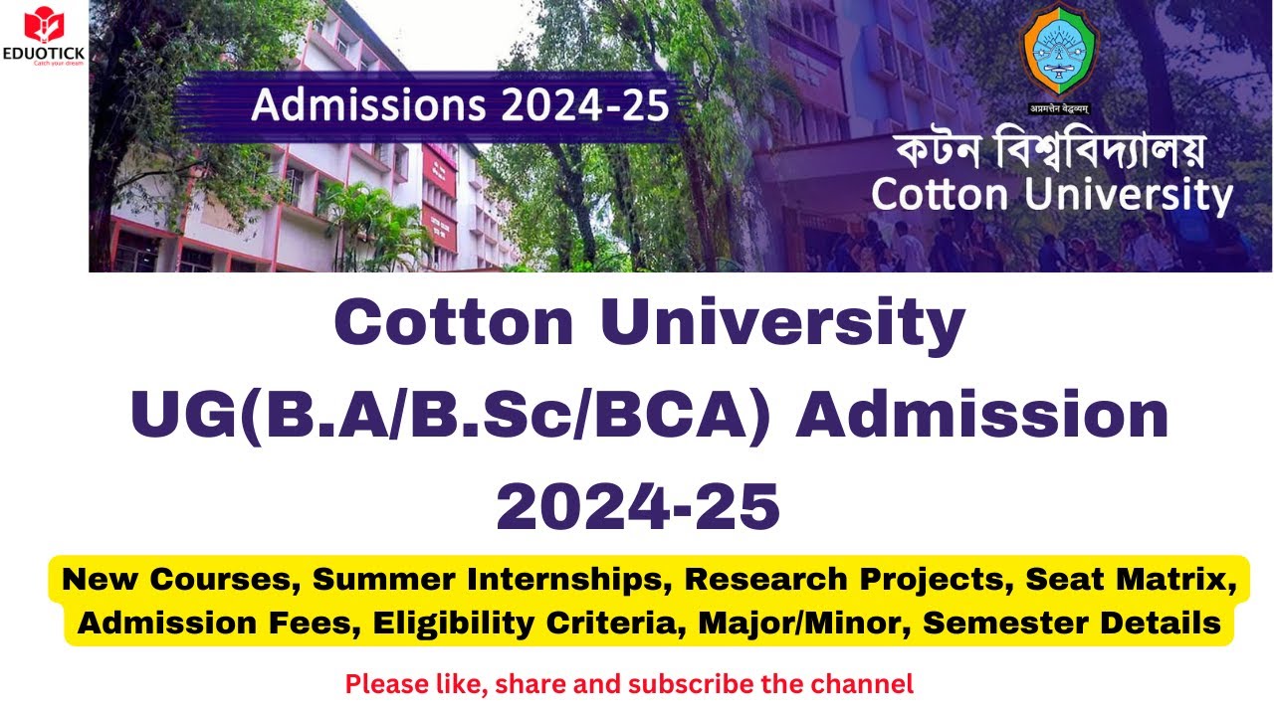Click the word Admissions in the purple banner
pos(361,104)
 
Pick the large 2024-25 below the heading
pos(637,506)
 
